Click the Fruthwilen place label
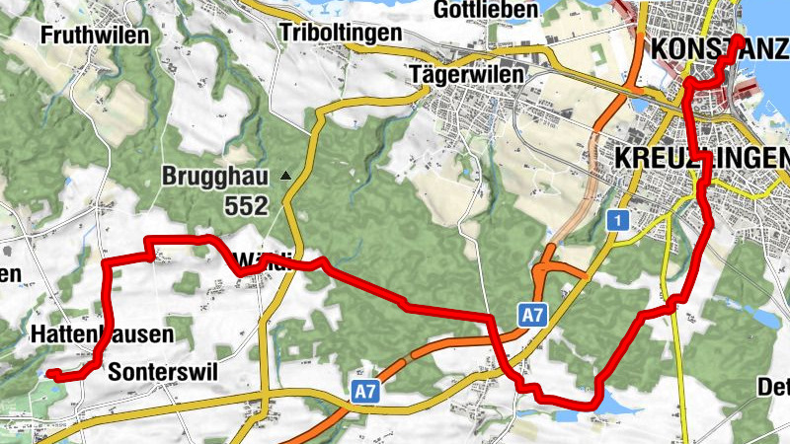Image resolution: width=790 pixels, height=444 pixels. (x=95, y=35)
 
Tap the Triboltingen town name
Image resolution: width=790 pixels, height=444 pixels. (x=341, y=33)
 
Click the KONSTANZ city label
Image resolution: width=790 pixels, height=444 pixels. (x=702, y=49)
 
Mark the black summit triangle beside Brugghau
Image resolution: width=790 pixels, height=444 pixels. (x=285, y=177)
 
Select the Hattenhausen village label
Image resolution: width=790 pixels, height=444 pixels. (x=102, y=334)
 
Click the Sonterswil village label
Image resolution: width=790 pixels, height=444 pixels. (x=162, y=371)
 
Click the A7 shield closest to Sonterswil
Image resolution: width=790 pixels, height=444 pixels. (x=365, y=393)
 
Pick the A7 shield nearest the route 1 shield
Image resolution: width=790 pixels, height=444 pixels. (x=532, y=316)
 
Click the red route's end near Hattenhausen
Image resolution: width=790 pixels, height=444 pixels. (x=52, y=373)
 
